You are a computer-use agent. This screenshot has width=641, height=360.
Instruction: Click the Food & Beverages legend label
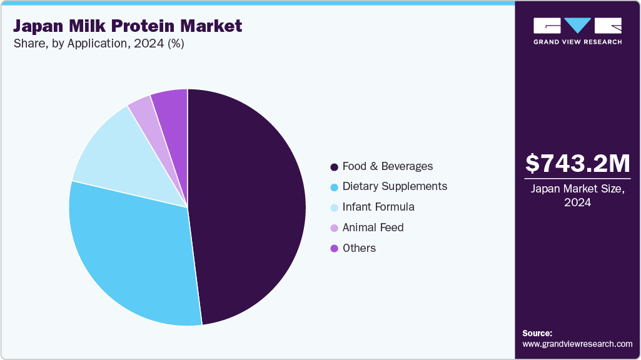tap(387, 166)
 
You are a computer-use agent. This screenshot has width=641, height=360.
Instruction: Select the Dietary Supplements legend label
tap(395, 186)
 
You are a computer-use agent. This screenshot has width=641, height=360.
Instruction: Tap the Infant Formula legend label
tap(378, 207)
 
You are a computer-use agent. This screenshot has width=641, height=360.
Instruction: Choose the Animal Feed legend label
tap(373, 227)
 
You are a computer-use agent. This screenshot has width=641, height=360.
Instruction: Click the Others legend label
tap(359, 248)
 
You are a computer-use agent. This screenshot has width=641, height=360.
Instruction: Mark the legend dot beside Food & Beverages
tap(335, 167)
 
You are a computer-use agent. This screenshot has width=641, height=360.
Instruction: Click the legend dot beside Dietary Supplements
tap(335, 187)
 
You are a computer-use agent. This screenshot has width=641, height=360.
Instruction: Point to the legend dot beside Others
tap(335, 249)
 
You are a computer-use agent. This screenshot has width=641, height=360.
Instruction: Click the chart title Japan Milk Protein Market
tap(128, 27)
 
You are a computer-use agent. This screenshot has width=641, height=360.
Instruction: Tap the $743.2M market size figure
tap(577, 164)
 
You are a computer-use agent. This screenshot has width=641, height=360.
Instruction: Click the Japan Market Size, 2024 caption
tap(577, 196)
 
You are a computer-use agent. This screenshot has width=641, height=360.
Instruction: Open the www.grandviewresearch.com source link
tap(577, 344)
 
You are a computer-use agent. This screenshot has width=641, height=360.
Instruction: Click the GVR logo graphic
tap(577, 26)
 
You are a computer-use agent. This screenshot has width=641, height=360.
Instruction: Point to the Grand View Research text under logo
tap(577, 42)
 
